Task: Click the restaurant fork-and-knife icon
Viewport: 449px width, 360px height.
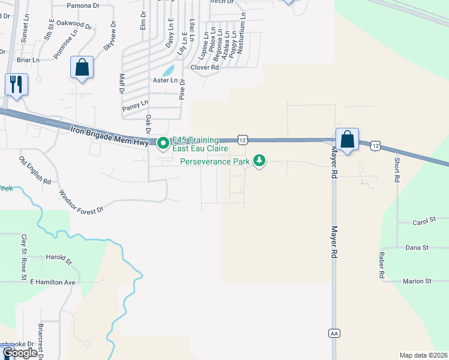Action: pyautogui.click(x=16, y=84)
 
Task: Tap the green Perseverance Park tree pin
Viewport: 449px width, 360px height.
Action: pyautogui.click(x=259, y=161)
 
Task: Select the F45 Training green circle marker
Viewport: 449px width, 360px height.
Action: pyautogui.click(x=163, y=143)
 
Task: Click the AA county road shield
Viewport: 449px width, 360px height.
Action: pyautogui.click(x=334, y=332)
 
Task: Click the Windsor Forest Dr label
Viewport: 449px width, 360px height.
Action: pyautogui.click(x=82, y=202)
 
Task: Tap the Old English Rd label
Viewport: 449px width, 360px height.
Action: pyautogui.click(x=35, y=170)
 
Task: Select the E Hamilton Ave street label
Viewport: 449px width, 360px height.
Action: pyautogui.click(x=52, y=281)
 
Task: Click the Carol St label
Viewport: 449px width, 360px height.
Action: pyautogui.click(x=424, y=221)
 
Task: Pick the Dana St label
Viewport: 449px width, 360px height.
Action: pyautogui.click(x=417, y=247)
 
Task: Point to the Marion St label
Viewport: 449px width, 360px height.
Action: pyautogui.click(x=417, y=281)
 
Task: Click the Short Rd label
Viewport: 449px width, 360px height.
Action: pyautogui.click(x=397, y=169)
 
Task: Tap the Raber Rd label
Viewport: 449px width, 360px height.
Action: pyautogui.click(x=381, y=265)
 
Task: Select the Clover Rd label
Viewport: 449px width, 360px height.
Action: pyautogui.click(x=204, y=67)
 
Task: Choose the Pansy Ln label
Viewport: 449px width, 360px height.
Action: pyautogui.click(x=135, y=106)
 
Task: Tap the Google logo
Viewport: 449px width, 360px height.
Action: pyautogui.click(x=19, y=353)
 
